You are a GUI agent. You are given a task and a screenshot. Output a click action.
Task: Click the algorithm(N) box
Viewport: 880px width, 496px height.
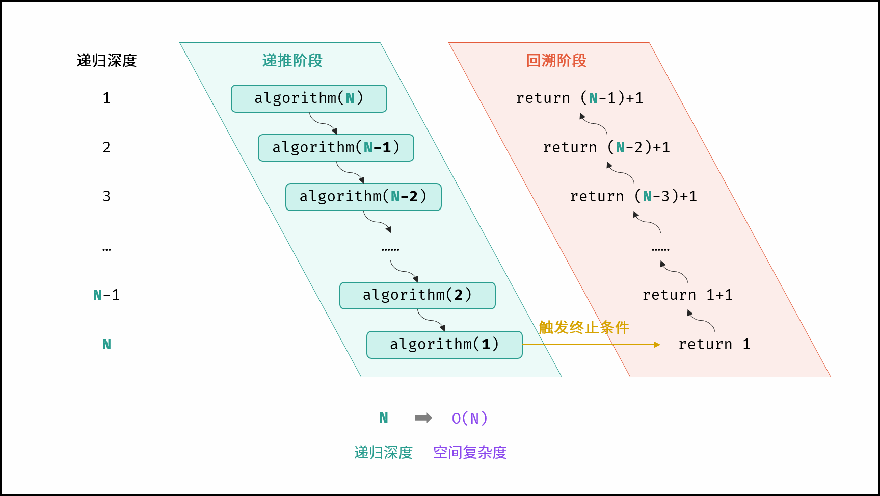[x=309, y=98]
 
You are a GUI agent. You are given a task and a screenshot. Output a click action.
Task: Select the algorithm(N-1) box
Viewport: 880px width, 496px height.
[x=336, y=148]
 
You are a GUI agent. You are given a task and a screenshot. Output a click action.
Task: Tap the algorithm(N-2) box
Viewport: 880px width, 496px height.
[x=363, y=197]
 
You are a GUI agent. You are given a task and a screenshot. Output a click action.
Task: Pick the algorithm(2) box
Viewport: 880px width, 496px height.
[x=417, y=295]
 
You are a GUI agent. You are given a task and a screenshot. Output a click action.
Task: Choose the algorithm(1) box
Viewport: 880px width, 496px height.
[x=444, y=345]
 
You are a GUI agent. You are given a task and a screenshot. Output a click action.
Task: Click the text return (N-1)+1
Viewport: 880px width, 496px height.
[x=579, y=98]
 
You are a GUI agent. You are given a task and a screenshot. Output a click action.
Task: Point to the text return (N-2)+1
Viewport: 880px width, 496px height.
[x=606, y=147]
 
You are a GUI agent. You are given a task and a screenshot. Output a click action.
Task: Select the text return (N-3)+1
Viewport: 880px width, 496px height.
[x=633, y=196]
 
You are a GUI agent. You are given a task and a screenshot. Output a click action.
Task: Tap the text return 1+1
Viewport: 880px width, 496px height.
[x=687, y=295]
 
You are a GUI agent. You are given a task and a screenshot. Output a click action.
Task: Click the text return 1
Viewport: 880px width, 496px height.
[x=714, y=344]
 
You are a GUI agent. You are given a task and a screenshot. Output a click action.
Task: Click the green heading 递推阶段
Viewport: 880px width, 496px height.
[x=292, y=61]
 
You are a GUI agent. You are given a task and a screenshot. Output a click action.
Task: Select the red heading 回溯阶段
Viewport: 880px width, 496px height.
[x=556, y=61]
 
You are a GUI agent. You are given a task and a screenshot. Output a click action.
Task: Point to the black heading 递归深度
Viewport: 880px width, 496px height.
[x=106, y=61]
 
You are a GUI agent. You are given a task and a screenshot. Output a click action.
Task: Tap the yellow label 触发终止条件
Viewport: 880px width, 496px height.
[x=584, y=327]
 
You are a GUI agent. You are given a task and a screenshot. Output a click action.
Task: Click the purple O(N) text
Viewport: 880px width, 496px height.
[x=470, y=419]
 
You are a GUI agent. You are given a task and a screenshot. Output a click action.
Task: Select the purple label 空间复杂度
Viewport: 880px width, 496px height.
[x=470, y=452]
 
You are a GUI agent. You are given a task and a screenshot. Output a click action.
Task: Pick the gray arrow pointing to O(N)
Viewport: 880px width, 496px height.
[x=423, y=418]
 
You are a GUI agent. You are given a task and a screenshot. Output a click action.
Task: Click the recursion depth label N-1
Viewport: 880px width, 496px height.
[x=106, y=295]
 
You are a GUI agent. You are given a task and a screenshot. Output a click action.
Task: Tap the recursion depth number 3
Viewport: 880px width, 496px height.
[x=106, y=196]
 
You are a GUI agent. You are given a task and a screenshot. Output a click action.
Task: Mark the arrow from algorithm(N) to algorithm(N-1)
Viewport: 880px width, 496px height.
[x=323, y=123]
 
